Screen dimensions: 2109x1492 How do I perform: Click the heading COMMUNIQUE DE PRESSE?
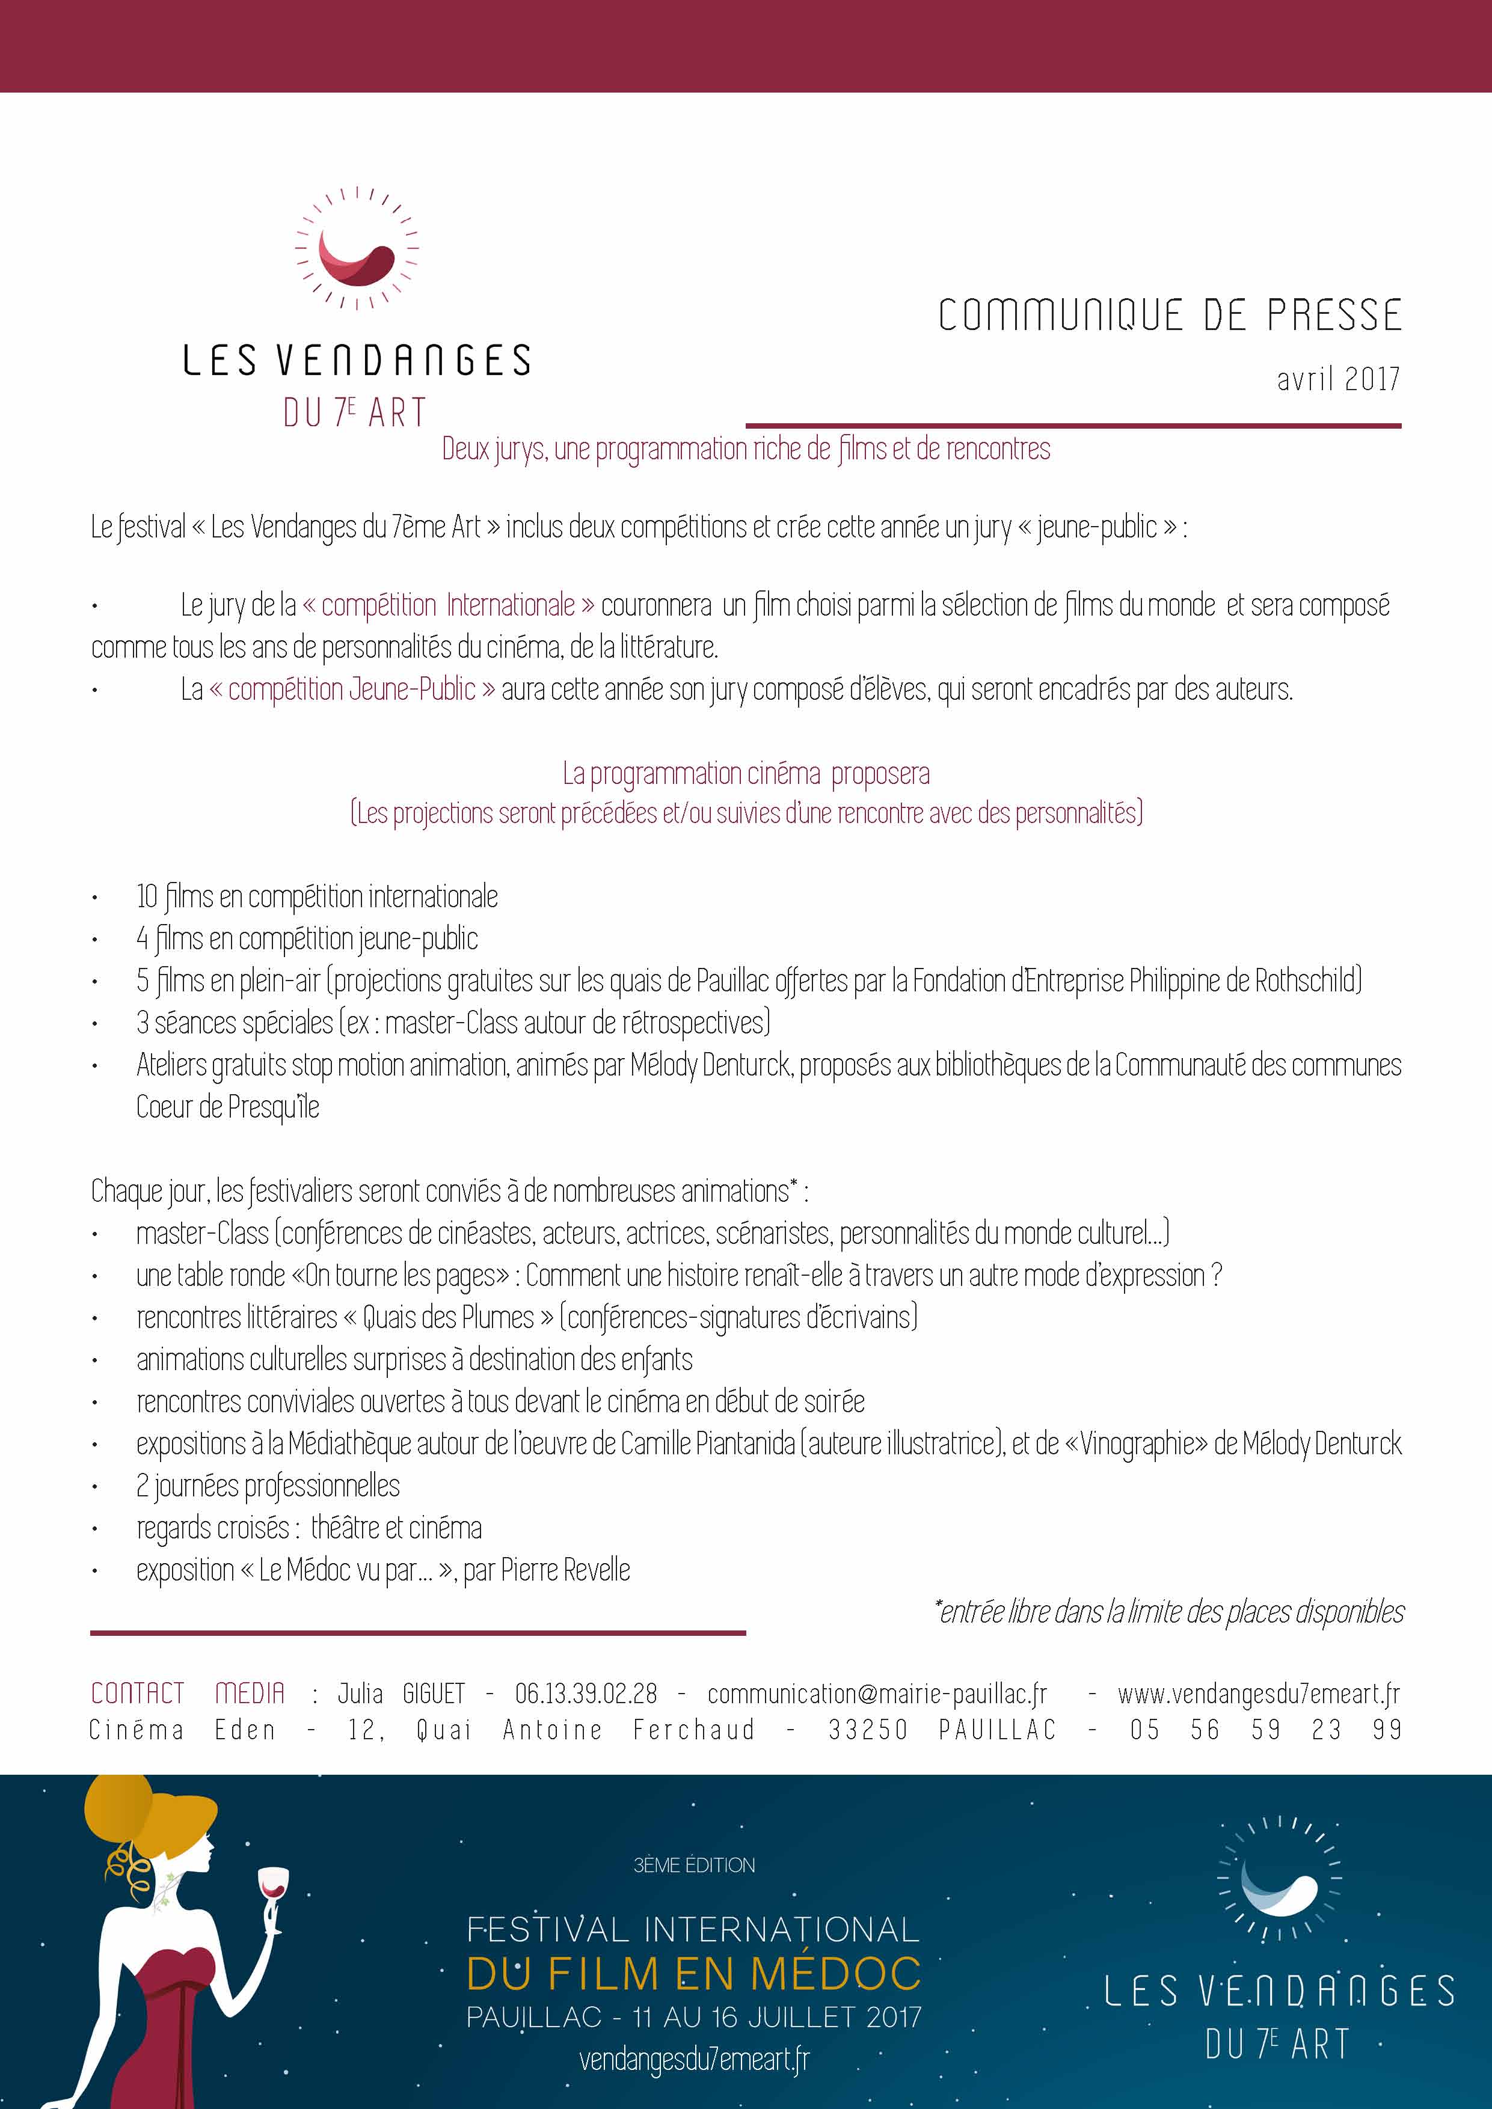pos(1170,315)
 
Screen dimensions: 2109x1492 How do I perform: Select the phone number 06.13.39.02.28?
pos(586,1693)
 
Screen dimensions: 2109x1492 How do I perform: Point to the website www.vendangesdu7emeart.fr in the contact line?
pos(1259,1693)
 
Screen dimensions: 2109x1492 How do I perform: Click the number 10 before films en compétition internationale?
pos(147,896)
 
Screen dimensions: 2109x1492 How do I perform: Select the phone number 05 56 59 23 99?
pos(1265,1730)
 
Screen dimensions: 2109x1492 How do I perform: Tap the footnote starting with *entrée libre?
pos(1168,1611)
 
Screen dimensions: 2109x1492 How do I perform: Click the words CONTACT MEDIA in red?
pos(188,1693)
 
